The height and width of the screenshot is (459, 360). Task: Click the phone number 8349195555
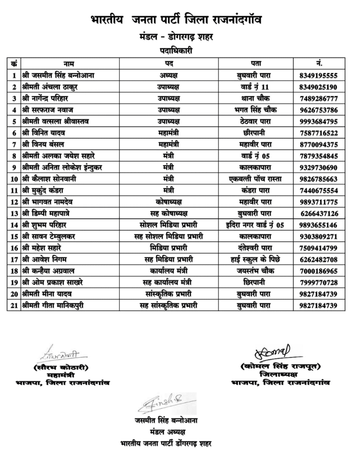click(x=321, y=75)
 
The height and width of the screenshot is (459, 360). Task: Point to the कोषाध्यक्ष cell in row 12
click(x=169, y=202)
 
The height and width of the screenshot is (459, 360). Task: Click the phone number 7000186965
click(x=321, y=271)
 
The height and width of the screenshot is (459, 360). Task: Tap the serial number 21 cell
click(x=14, y=305)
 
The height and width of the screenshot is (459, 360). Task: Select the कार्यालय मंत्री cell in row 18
click(x=169, y=271)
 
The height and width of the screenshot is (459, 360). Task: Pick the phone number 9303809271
click(x=321, y=236)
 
